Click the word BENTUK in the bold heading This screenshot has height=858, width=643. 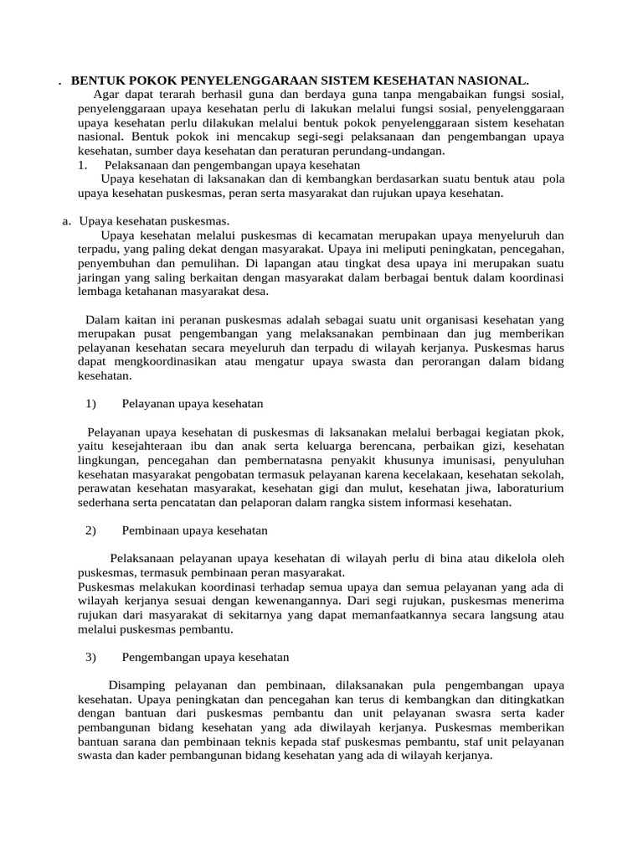coord(97,80)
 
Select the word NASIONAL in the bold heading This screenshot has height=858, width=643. coord(491,80)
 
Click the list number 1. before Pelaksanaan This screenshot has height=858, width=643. coord(82,165)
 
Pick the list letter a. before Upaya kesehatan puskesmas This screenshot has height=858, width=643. coord(67,221)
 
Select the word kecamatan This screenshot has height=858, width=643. coord(352,235)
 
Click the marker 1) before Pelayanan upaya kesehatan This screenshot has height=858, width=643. coord(91,404)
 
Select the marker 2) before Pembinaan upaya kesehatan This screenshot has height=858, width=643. coord(91,530)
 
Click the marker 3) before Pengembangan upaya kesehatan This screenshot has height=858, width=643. coord(91,658)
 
